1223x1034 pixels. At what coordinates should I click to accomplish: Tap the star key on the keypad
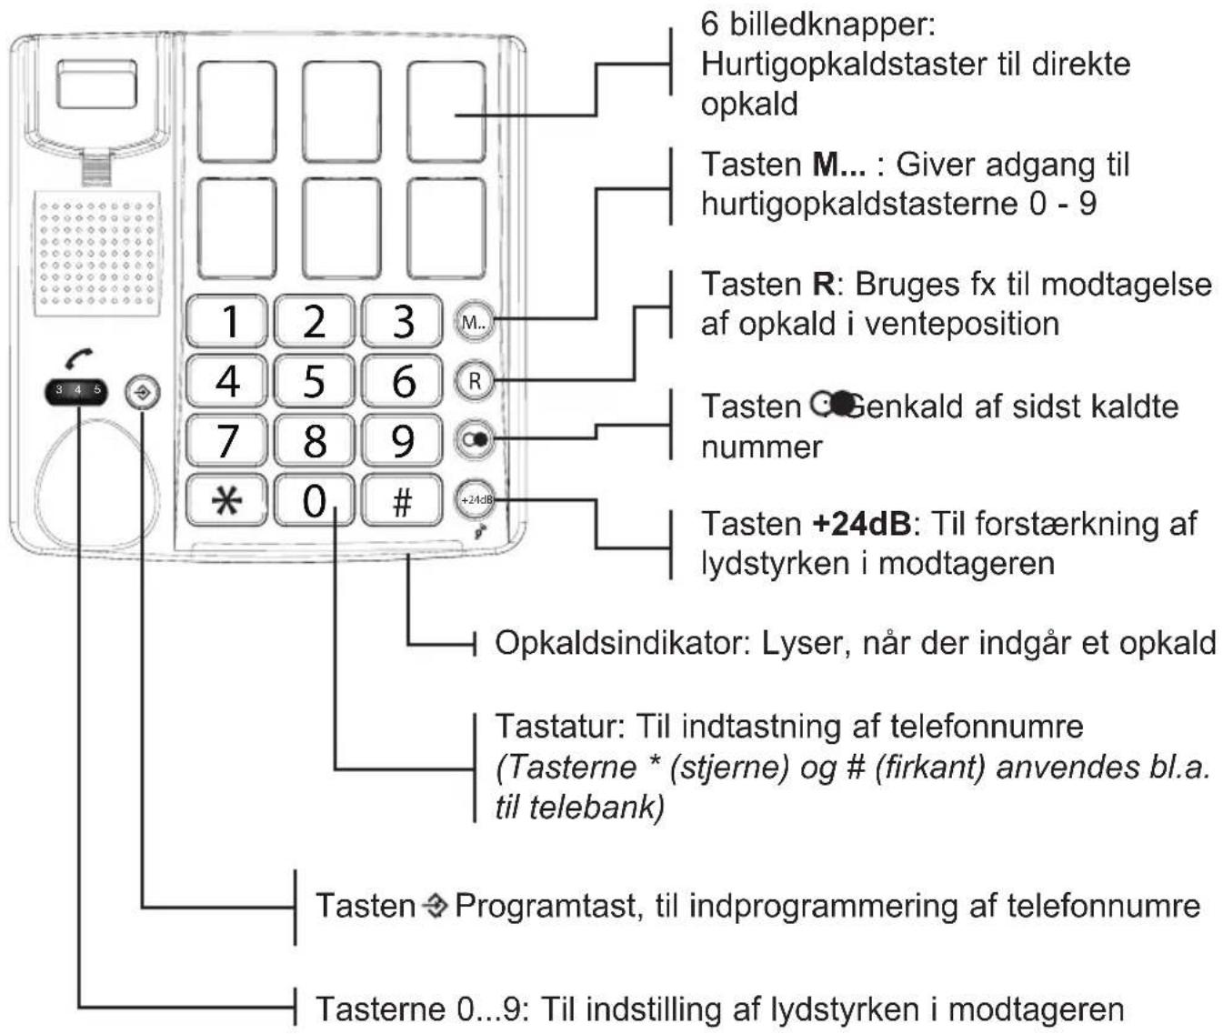(226, 500)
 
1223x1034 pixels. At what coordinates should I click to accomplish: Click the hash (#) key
(402, 500)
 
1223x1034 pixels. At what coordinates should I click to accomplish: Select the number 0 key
(314, 500)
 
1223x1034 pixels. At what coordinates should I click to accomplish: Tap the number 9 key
(402, 441)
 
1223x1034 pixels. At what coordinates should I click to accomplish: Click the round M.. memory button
(474, 321)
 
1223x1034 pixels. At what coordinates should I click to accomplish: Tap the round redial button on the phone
(474, 440)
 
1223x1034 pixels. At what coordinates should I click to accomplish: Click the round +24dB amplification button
(475, 499)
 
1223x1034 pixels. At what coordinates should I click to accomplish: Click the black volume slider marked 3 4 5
(76, 392)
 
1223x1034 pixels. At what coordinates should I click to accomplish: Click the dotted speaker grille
(96, 253)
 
